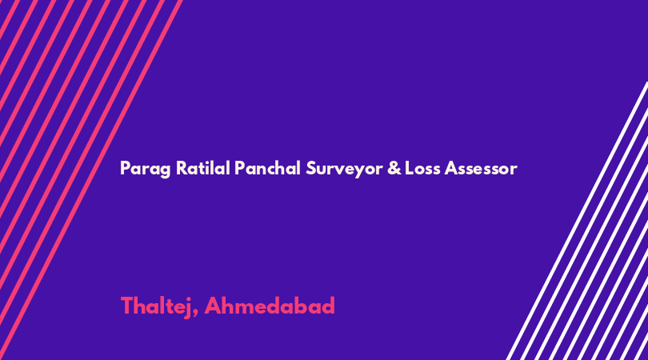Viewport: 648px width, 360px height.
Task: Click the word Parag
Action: pos(145,169)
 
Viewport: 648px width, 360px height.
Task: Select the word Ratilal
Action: pos(203,168)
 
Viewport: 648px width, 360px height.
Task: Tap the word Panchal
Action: pos(267,168)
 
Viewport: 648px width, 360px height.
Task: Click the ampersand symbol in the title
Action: pos(394,168)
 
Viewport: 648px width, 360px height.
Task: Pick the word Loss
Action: pos(422,168)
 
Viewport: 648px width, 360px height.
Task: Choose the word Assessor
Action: pos(481,169)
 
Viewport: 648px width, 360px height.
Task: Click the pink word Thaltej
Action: pos(156,306)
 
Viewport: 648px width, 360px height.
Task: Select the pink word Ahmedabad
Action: pos(270,306)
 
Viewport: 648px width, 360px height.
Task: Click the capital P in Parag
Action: pos(125,168)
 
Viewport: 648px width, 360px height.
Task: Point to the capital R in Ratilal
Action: pos(182,168)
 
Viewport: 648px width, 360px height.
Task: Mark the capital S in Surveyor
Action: pos(310,168)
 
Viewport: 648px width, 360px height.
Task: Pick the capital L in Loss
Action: pos(409,168)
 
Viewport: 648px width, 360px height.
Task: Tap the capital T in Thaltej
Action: pos(127,306)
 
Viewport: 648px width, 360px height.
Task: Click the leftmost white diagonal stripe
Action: pos(577,221)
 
